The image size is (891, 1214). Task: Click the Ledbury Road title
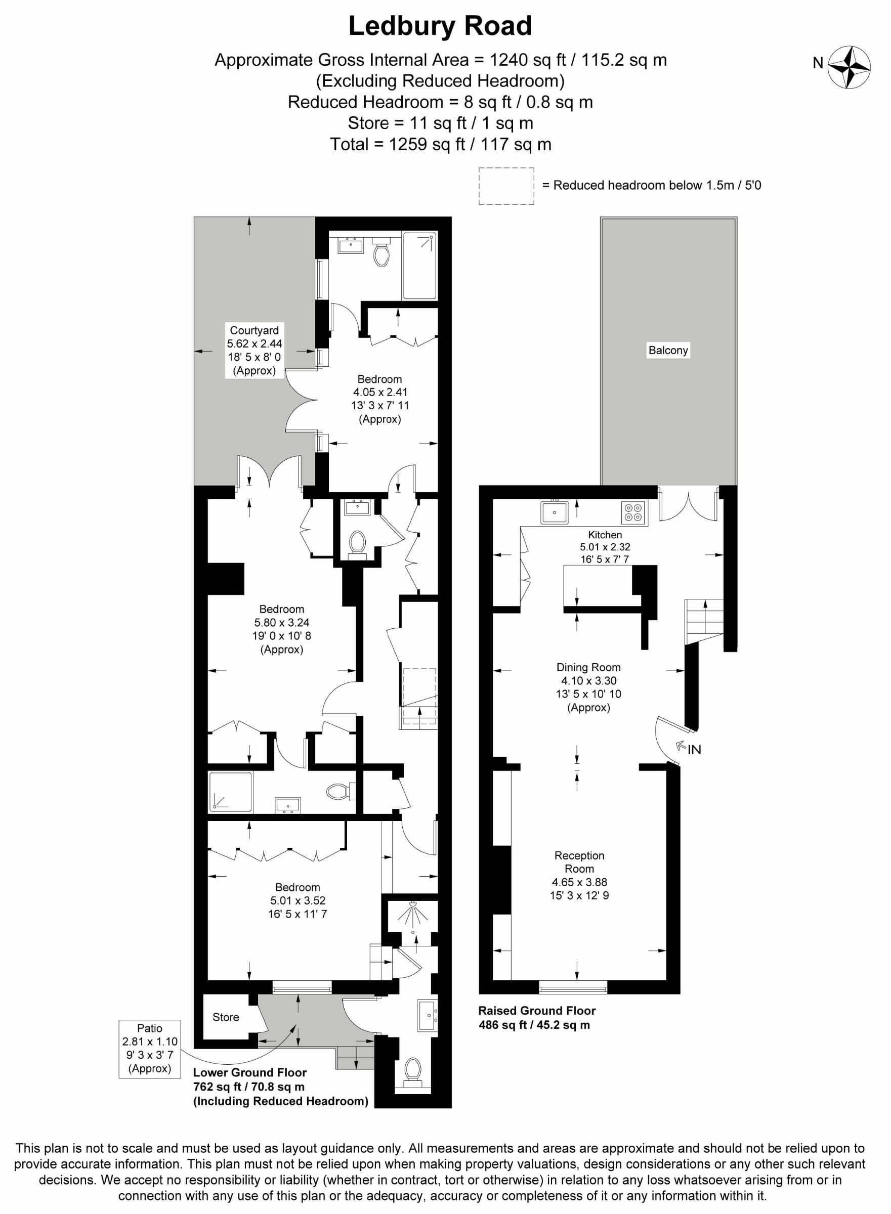coord(440,26)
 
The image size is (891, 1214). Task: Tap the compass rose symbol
coord(849,67)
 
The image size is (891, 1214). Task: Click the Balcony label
coord(668,351)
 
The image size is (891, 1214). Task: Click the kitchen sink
coord(555,512)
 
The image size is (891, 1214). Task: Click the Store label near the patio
coord(226,1017)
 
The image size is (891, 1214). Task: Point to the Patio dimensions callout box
coord(149,1049)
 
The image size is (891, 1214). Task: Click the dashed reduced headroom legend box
coord(506,186)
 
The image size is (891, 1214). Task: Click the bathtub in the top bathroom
coord(419,265)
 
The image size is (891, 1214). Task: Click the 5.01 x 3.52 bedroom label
coord(297,900)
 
